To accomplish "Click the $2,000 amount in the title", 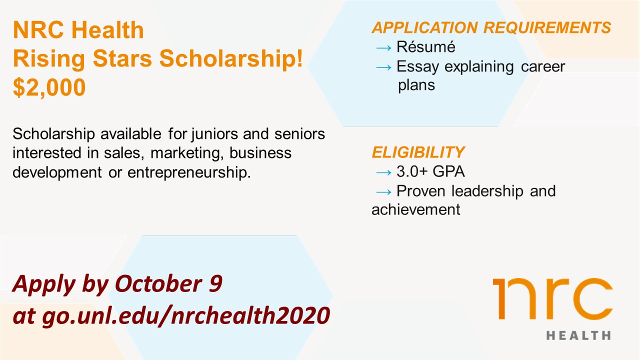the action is [x=49, y=87].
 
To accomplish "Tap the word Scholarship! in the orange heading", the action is [x=231, y=58].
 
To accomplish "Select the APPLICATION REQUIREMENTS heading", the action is [x=491, y=27].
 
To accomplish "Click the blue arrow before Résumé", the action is [x=383, y=47].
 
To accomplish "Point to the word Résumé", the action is [x=425, y=47].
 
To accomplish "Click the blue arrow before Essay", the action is [x=383, y=67].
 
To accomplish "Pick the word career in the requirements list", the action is [x=543, y=67].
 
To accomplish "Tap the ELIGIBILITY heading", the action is [x=418, y=152].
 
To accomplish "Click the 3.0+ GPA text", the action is [x=430, y=171].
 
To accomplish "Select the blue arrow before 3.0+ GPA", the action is [x=383, y=172].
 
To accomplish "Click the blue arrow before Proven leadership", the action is [x=383, y=192].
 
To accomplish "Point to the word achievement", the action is [x=415, y=209].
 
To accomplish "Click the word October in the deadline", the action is [x=158, y=283].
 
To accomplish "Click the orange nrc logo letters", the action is [x=552, y=298].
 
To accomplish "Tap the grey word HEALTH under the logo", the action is [x=578, y=335].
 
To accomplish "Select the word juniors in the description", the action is [x=214, y=134].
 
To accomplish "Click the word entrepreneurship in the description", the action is [x=189, y=173].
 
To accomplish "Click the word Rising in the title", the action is [x=49, y=59].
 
